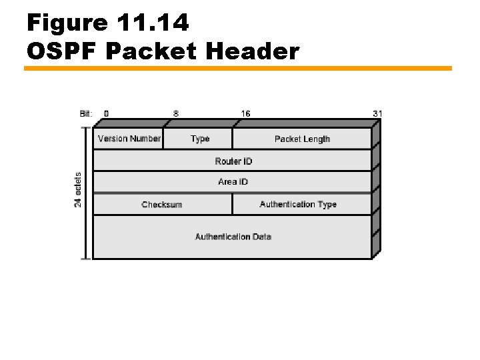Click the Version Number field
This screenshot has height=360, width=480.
tap(129, 139)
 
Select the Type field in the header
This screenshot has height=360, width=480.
tap(199, 139)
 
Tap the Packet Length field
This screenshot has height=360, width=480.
tap(302, 139)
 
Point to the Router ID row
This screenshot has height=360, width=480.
tap(233, 161)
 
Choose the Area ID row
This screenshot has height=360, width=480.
tap(233, 182)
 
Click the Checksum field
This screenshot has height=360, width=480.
tap(162, 204)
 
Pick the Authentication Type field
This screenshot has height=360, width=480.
tap(298, 204)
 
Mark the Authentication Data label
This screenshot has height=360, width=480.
tap(233, 237)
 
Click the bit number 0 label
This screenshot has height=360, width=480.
tap(107, 113)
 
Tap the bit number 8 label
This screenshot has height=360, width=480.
tap(176, 113)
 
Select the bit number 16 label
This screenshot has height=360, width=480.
tap(246, 113)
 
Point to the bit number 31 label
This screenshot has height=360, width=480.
tap(377, 113)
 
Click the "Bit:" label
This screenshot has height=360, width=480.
tap(86, 113)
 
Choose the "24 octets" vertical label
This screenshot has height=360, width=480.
tap(78, 190)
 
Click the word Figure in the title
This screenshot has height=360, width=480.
tap(67, 23)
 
